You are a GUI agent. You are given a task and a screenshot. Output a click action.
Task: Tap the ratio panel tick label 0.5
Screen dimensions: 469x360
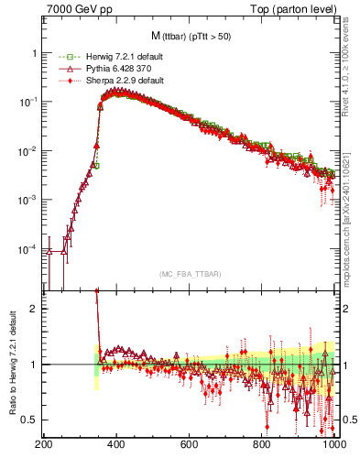[x=29, y=420]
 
